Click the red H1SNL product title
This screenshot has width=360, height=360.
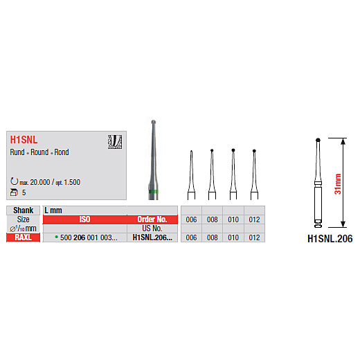click(x=24, y=140)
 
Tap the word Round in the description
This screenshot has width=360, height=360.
click(x=39, y=152)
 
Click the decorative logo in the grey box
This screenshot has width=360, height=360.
click(x=115, y=142)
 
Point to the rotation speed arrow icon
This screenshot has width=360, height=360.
click(x=14, y=181)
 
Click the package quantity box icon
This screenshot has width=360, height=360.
click(x=14, y=192)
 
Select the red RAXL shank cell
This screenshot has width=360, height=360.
click(x=23, y=237)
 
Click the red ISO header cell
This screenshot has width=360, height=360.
click(x=84, y=219)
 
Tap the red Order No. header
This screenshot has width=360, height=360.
click(x=152, y=219)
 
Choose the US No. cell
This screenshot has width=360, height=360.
click(x=152, y=228)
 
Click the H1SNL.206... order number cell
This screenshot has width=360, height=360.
click(x=152, y=237)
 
